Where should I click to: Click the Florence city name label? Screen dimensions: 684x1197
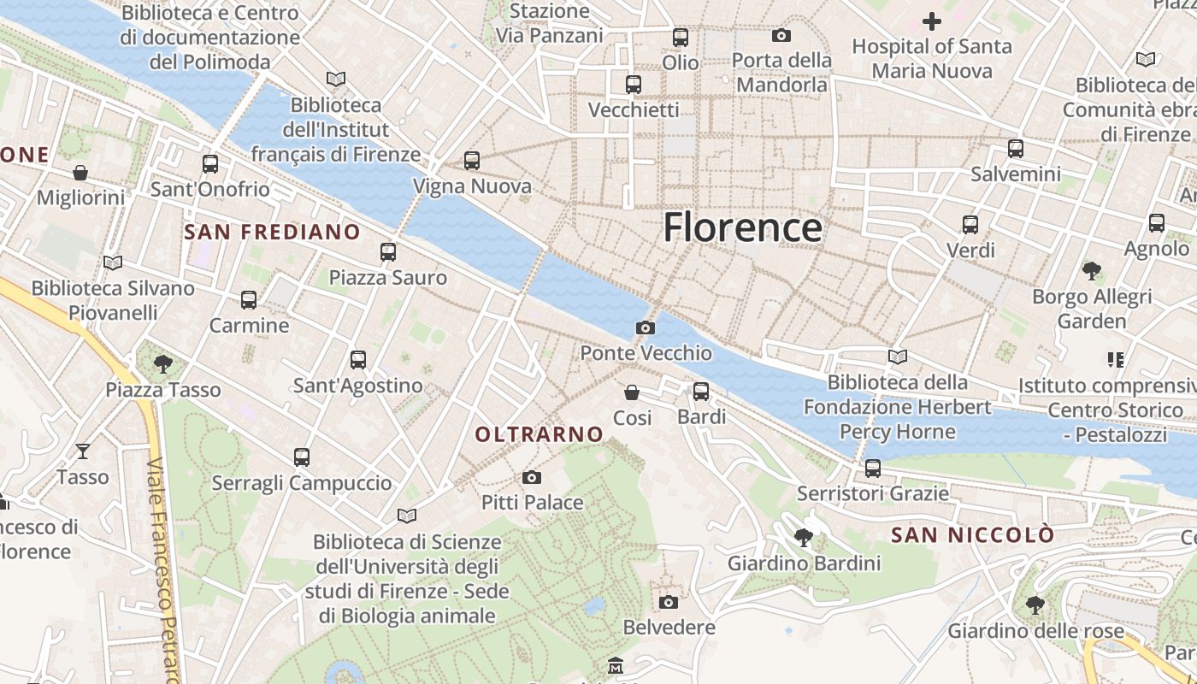[743, 227]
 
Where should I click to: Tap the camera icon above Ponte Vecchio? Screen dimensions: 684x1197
[646, 327]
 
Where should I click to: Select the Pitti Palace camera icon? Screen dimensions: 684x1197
[532, 477]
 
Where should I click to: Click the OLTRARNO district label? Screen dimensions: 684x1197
[540, 434]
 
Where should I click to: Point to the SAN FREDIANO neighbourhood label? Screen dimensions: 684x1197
[272, 232]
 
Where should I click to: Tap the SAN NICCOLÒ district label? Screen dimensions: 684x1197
[972, 535]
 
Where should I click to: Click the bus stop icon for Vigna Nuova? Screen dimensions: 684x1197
[471, 160]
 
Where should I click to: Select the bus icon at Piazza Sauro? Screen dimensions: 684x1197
[388, 251]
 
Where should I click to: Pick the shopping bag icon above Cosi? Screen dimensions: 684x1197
[632, 392]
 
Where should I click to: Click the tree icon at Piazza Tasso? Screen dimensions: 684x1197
[162, 364]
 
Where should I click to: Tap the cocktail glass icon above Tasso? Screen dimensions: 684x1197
[83, 451]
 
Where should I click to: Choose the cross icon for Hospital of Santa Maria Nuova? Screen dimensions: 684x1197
[931, 21]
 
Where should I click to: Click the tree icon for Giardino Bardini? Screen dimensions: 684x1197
[803, 538]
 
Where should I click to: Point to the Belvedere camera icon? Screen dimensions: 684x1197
[669, 602]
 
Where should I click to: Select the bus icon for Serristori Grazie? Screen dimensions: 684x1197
[872, 468]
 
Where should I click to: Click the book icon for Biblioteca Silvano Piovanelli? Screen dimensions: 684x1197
[112, 262]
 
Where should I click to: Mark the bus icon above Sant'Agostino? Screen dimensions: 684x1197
[357, 360]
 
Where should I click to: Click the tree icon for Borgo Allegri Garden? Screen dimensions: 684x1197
[1091, 271]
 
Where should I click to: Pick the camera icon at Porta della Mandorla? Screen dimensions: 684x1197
[781, 35]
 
